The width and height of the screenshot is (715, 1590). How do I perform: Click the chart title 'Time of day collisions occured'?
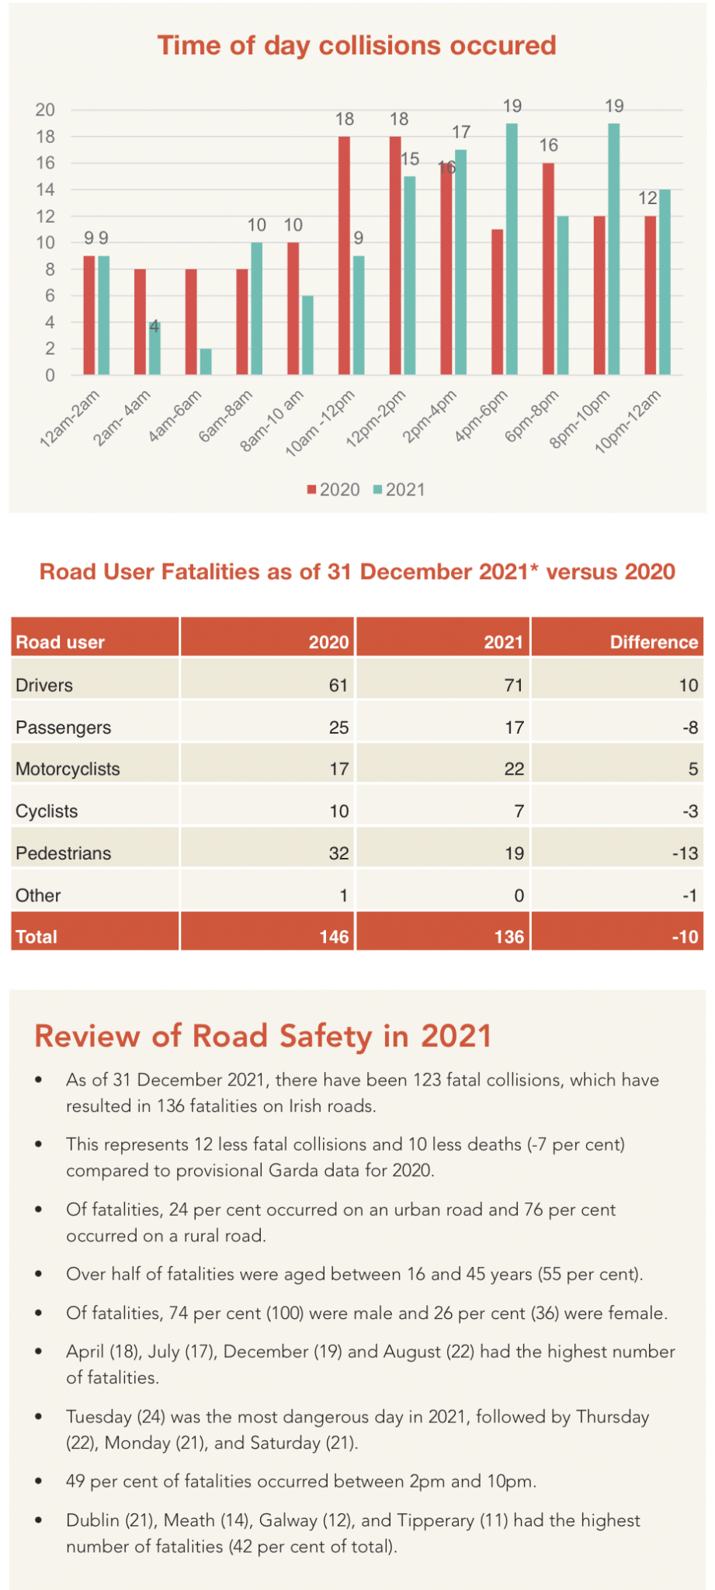(x=356, y=45)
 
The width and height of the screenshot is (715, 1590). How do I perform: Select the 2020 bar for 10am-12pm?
(x=344, y=256)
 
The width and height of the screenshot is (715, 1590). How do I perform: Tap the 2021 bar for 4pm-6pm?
(x=512, y=249)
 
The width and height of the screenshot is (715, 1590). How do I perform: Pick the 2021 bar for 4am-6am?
(x=206, y=362)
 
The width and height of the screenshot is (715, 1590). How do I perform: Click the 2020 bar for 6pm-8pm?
(x=548, y=269)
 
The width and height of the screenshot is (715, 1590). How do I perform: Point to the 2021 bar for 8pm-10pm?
(x=613, y=249)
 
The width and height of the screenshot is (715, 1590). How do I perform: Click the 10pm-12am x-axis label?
(x=628, y=422)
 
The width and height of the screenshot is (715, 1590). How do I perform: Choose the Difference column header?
(x=654, y=642)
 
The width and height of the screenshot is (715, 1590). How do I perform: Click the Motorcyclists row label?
(x=68, y=769)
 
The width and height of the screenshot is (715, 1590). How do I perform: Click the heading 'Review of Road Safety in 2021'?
(x=263, y=1036)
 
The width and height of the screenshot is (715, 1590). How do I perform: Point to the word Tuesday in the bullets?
(x=99, y=1417)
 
